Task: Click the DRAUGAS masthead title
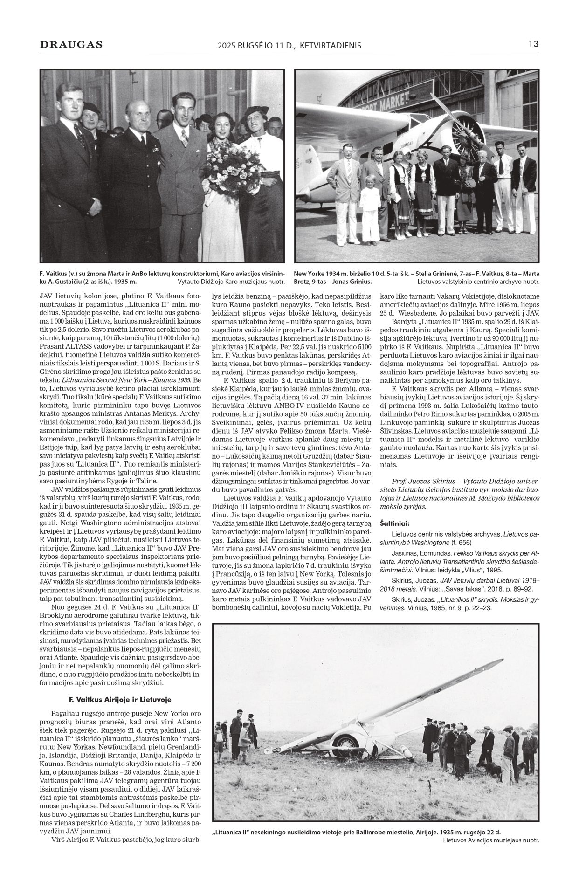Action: click(x=71, y=45)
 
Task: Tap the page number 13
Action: click(x=533, y=44)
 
